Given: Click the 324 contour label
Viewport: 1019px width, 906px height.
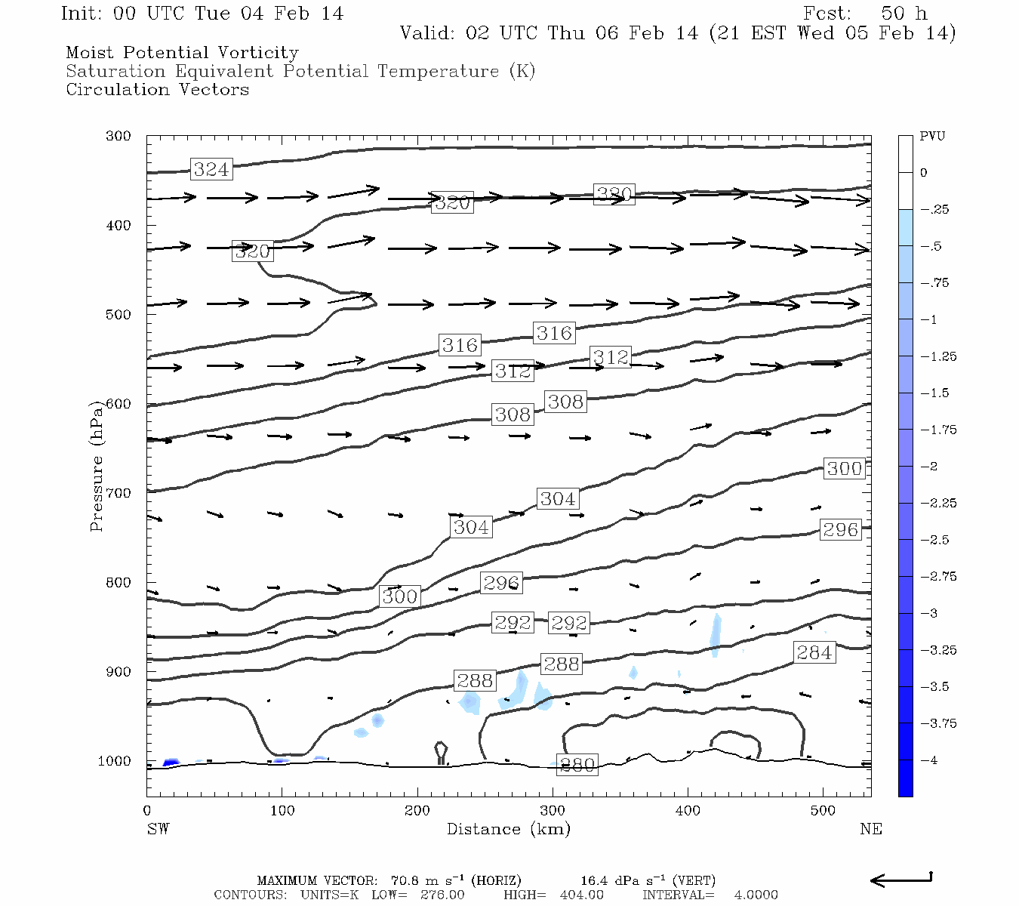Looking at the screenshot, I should pos(211,169).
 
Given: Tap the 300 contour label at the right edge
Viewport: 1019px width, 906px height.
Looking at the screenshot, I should pos(844,468).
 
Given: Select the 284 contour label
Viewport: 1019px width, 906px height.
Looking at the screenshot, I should pos(814,652).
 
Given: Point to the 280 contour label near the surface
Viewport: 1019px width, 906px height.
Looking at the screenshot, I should pos(577,765).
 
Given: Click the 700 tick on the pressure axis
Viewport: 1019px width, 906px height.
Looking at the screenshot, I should pos(118,493).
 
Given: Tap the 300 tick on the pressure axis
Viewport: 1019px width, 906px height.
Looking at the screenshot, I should pos(118,136).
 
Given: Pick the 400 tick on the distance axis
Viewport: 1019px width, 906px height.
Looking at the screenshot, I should pos(688,811).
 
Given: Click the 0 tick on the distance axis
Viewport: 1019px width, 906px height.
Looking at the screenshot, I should pos(147,811).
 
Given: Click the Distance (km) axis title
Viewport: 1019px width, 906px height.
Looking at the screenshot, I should pos(508,829).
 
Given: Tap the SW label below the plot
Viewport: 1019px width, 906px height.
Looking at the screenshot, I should pos(158,829).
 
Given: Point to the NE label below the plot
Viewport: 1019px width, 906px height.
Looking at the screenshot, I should pos(870,829).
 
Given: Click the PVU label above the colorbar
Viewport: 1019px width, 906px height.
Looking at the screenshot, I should pos(932,136).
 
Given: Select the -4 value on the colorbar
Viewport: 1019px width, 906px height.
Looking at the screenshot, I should pos(929,760).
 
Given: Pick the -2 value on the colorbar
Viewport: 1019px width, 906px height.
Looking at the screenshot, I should pos(929,467).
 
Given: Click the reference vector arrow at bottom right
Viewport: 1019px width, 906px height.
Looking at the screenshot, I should pos(901,880).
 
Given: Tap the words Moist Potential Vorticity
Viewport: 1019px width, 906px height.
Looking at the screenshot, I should pos(182,53).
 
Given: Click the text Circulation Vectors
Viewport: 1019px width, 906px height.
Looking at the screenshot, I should pos(157,89).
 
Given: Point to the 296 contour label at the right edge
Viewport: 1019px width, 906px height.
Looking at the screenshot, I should pos(840,529).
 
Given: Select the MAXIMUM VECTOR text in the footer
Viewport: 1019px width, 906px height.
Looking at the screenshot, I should pos(316,880).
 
